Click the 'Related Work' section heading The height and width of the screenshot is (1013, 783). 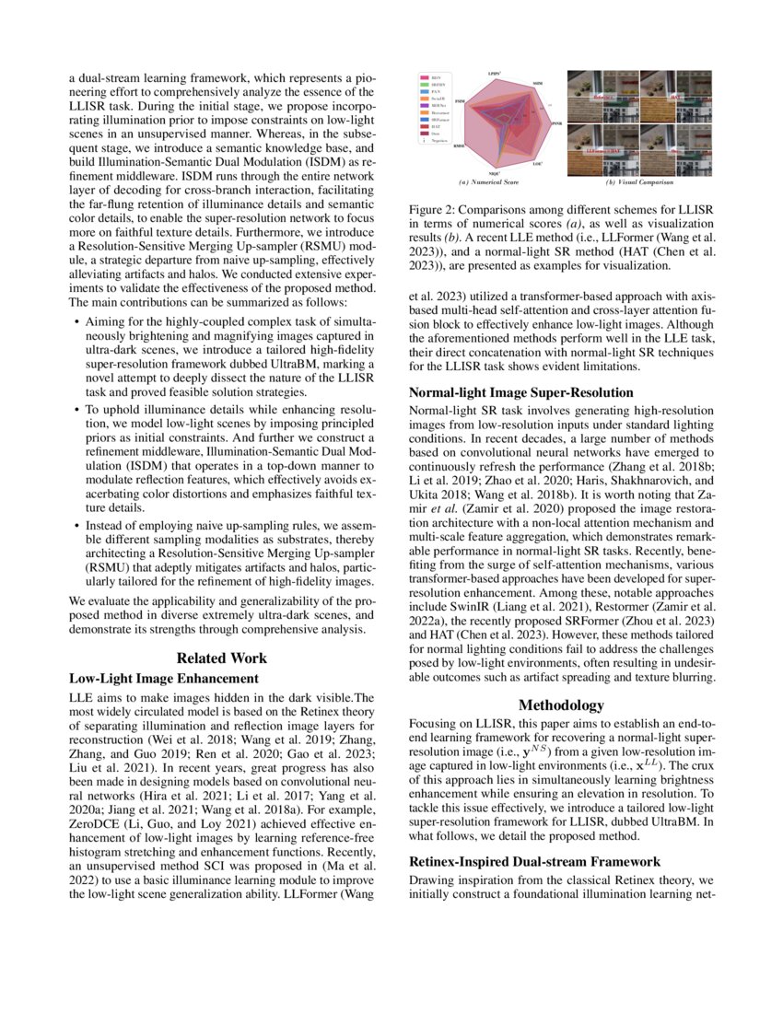222,658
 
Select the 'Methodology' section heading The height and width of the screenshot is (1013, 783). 561,704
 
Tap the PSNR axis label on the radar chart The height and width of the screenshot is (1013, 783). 556,122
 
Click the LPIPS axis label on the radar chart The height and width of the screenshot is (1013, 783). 495,73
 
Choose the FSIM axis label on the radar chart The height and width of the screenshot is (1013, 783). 459,102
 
